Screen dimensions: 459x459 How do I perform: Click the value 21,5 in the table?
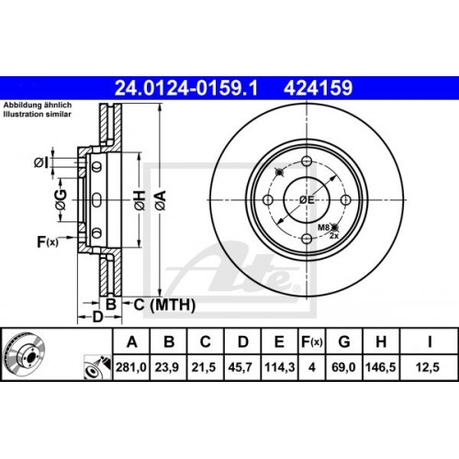pyautogui.click(x=207, y=367)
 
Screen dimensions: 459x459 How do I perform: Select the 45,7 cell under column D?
pyautogui.click(x=242, y=367)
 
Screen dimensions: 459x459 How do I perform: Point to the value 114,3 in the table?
pyautogui.click(x=279, y=367)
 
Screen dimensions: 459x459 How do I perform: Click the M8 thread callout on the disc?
pyautogui.click(x=324, y=226)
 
